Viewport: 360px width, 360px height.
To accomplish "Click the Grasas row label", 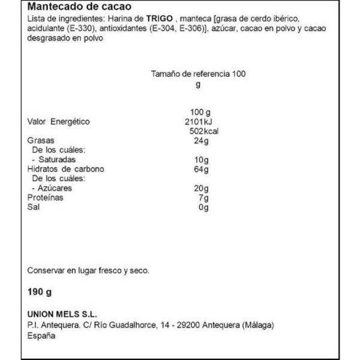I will [41, 140].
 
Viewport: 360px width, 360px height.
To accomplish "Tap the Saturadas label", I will [55, 160].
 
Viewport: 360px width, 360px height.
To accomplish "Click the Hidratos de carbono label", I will [66, 169].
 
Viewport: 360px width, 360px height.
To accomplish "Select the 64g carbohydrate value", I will [201, 169].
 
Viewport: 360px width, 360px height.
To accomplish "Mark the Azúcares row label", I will [53, 188].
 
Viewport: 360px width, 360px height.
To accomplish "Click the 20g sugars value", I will [201, 188].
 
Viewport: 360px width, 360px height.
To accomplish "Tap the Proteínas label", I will [46, 198].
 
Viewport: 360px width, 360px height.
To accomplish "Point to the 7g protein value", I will [203, 198].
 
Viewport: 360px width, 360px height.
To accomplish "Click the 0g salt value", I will [203, 208].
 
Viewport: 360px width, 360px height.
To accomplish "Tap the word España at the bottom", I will [41, 336].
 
